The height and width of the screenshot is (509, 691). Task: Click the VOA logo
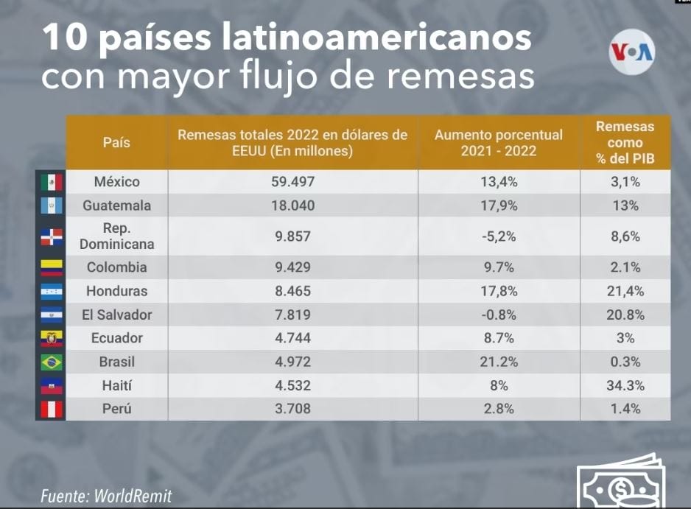pos(632,51)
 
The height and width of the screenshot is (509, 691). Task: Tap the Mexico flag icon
pos(51,182)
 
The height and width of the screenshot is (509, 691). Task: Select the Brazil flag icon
pos(51,362)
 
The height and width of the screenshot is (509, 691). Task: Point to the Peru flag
pos(51,409)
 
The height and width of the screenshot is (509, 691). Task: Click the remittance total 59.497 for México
pos(292,182)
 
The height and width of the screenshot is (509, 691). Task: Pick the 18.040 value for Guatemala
pos(292,206)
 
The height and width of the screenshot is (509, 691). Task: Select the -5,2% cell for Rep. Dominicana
pos(499,236)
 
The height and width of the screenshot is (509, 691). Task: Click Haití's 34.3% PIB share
pos(625,385)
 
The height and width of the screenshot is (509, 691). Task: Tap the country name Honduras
pos(116,291)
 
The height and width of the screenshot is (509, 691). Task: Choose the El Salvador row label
pos(116,315)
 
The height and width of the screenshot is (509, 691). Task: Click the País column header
pos(116,142)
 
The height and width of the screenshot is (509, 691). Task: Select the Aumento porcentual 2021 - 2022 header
pos(499,143)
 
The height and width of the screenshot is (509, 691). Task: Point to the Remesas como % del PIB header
pos(625,142)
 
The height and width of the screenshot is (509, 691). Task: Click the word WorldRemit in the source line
pos(133,496)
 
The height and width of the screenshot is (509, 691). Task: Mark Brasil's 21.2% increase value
pos(499,362)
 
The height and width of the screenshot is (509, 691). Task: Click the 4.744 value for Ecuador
pos(292,338)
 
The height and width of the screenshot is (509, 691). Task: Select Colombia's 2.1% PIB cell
pos(625,267)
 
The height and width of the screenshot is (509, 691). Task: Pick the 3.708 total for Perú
pos(292,409)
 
